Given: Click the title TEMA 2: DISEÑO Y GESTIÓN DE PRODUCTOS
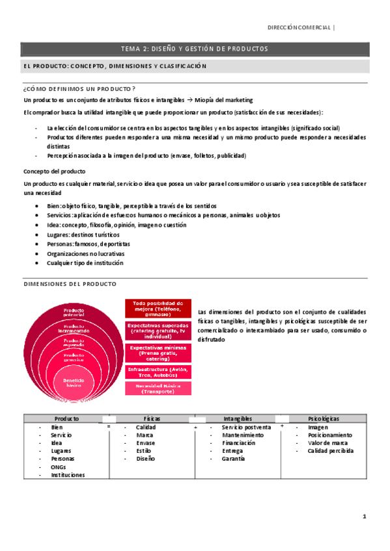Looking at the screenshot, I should point(195,49).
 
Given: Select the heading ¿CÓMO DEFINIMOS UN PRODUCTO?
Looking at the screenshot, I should point(79,88).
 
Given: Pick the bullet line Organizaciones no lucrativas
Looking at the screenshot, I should point(85,253).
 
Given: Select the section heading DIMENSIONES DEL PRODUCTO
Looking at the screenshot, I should point(70,284).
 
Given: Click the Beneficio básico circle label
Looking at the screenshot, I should point(73,381).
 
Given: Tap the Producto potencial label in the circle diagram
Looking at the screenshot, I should point(73,313).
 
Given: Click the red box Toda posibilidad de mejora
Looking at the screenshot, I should point(158,307).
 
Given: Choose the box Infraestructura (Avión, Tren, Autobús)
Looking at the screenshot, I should point(158,372).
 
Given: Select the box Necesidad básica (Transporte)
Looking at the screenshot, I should point(158,389).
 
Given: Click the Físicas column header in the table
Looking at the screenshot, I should point(152,419).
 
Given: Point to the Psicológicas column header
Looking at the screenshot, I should point(323,419).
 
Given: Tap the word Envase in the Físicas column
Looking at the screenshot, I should point(145,443).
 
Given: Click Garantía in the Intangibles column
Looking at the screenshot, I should point(233,459).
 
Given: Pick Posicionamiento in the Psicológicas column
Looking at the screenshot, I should point(330,435).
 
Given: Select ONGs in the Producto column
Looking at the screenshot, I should point(58,467).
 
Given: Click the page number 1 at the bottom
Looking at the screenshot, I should point(365,517).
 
